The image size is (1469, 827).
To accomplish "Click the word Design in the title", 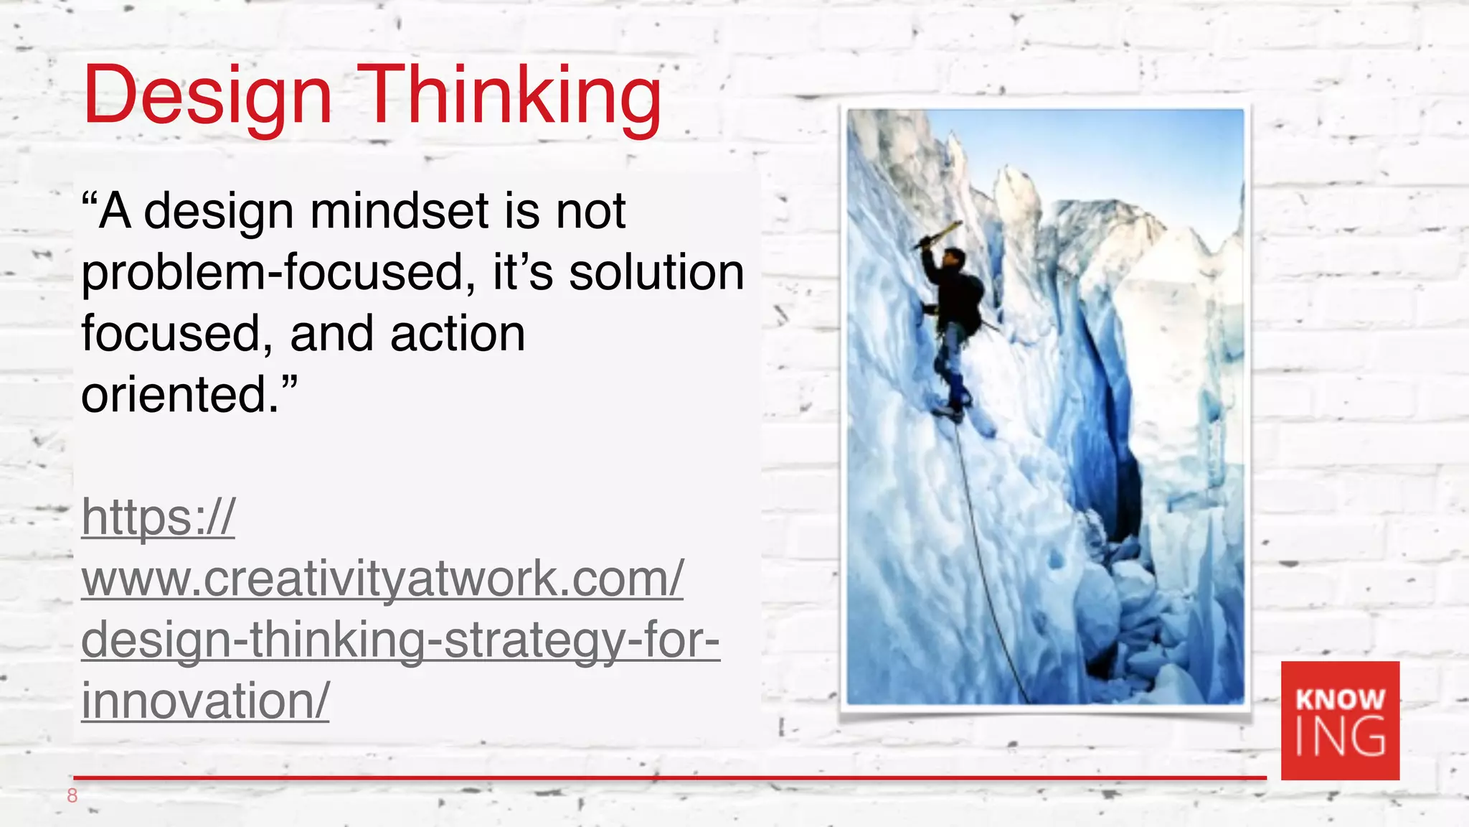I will click(207, 96).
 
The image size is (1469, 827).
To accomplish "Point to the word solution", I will click(656, 273).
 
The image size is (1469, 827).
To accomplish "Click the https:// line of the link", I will click(159, 518).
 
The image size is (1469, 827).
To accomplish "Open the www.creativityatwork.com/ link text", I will click(382, 579).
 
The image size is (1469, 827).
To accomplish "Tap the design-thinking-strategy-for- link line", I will click(400, 640).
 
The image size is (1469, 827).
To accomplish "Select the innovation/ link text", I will click(205, 701).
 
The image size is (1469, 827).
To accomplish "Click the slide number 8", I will click(72, 795).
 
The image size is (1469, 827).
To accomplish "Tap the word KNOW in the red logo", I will click(1340, 699).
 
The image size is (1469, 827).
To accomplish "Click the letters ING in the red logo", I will click(1340, 737).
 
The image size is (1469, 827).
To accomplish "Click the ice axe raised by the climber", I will click(938, 235).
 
